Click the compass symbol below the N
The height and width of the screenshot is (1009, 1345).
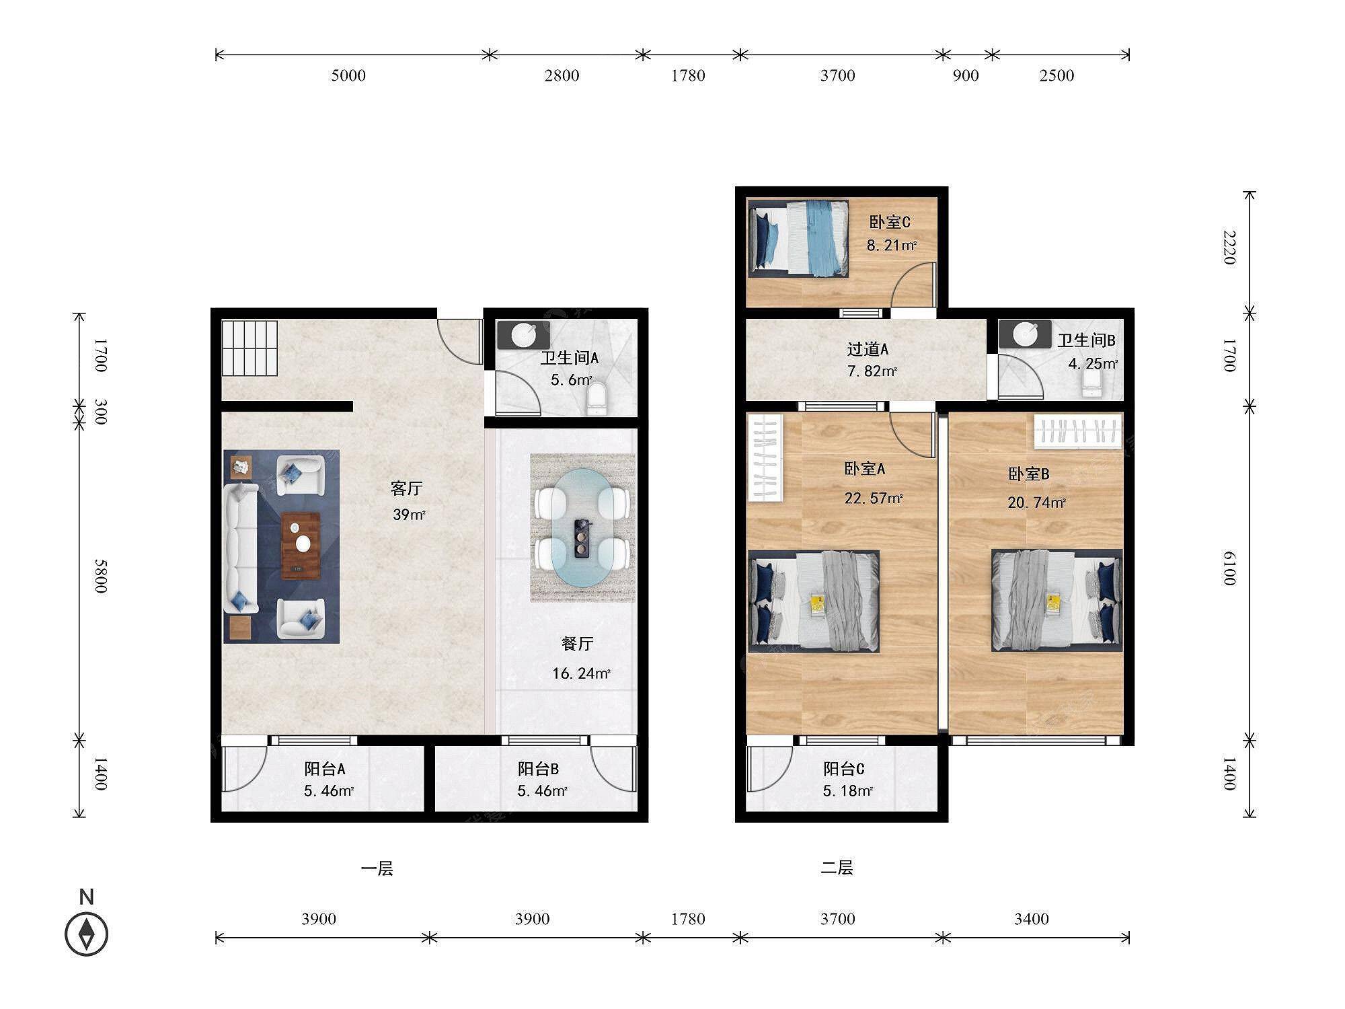(87, 934)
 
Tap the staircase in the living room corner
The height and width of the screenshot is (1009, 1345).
(250, 348)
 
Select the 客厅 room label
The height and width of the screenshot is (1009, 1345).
(406, 488)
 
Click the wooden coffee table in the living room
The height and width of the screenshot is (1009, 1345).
(301, 546)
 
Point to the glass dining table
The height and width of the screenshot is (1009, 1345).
(582, 529)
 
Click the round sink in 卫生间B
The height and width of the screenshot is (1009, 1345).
(1025, 333)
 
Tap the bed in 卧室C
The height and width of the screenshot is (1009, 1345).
(798, 238)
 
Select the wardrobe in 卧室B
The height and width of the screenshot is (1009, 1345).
(1078, 431)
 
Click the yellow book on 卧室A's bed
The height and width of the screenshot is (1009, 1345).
(818, 603)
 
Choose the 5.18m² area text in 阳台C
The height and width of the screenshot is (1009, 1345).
(848, 791)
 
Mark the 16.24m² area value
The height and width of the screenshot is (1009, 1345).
(581, 673)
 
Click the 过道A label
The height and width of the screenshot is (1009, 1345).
(868, 349)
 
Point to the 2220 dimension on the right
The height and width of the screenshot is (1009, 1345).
(1229, 248)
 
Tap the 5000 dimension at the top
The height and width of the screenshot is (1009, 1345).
(348, 75)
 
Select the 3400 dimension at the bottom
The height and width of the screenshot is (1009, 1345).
(1032, 919)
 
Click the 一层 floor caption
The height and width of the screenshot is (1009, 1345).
(377, 868)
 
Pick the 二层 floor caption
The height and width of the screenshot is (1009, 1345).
(837, 868)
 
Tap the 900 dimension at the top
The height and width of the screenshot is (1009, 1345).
(966, 75)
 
